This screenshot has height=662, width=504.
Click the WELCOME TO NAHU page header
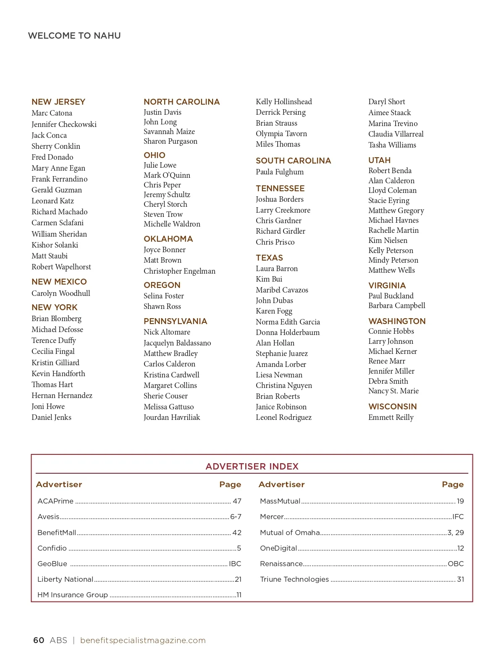(x=74, y=36)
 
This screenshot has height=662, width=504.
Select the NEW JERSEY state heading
(x=58, y=102)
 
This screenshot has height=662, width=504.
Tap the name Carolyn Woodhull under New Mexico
(x=61, y=293)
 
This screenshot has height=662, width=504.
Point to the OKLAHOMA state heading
(x=168, y=239)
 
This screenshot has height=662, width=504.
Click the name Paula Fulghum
(x=280, y=172)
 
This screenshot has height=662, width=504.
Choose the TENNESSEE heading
(x=280, y=188)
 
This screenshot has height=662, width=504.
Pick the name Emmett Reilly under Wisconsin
(x=391, y=417)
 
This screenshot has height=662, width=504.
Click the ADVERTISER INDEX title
(x=252, y=467)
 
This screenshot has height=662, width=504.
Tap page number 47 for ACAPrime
(x=237, y=501)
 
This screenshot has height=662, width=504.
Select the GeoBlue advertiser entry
(x=52, y=564)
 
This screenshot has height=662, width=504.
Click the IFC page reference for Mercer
(x=458, y=517)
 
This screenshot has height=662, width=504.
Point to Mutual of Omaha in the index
(x=290, y=533)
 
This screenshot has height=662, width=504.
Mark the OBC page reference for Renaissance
(x=456, y=564)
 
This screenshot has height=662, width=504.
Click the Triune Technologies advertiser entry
(x=294, y=579)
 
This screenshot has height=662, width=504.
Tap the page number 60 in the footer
(x=39, y=640)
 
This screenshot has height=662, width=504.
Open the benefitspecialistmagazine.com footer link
(x=143, y=640)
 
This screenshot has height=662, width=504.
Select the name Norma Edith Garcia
(x=288, y=322)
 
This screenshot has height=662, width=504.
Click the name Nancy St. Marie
(x=394, y=391)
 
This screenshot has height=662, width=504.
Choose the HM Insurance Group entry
(x=73, y=595)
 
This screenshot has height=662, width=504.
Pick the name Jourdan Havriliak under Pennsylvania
(x=172, y=417)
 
